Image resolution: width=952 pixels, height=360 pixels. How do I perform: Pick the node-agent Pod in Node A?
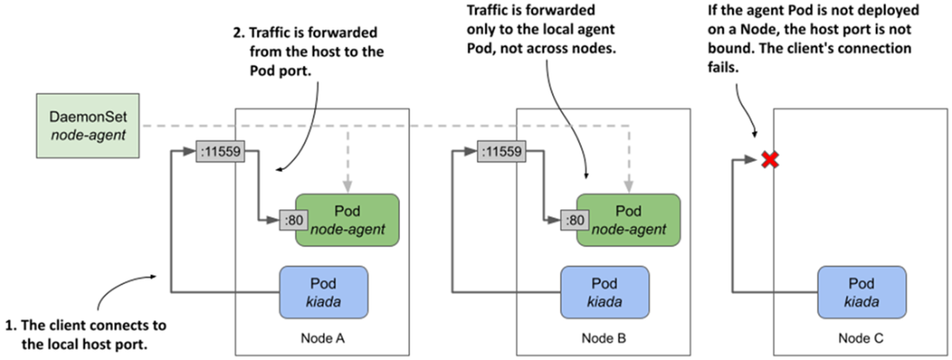click(348, 221)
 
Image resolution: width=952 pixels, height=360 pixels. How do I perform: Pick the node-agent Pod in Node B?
click(627, 221)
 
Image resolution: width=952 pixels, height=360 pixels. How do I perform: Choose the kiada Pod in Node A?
click(324, 292)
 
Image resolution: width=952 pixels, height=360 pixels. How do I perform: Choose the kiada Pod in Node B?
click(604, 292)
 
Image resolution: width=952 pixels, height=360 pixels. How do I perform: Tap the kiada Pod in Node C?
click(862, 292)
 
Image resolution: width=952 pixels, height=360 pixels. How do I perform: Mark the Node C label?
click(861, 337)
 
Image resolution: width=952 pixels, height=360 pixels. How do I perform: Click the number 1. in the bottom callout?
click(10, 325)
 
